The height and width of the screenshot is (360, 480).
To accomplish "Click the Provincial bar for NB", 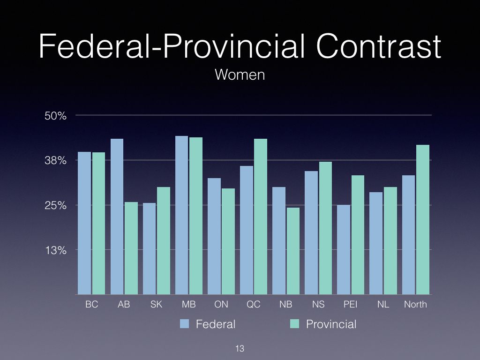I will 293,251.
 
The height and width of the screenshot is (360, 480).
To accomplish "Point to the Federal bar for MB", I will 181,215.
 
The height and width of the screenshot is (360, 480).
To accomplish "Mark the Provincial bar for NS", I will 325,228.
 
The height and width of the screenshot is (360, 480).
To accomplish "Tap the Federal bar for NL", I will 376,243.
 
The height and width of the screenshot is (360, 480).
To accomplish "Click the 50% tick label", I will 55,116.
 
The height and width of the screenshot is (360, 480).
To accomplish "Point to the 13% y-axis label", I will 55,250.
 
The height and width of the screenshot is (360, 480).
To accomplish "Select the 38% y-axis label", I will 55,161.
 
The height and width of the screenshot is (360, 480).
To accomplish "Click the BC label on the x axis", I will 92,304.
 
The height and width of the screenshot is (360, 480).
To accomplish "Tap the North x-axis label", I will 415,304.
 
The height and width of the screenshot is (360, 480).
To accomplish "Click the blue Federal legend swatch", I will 185,324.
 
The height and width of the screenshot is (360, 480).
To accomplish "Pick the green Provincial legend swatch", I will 294,324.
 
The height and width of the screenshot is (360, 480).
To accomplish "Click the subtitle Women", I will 240,75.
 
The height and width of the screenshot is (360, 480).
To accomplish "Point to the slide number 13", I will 240,349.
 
